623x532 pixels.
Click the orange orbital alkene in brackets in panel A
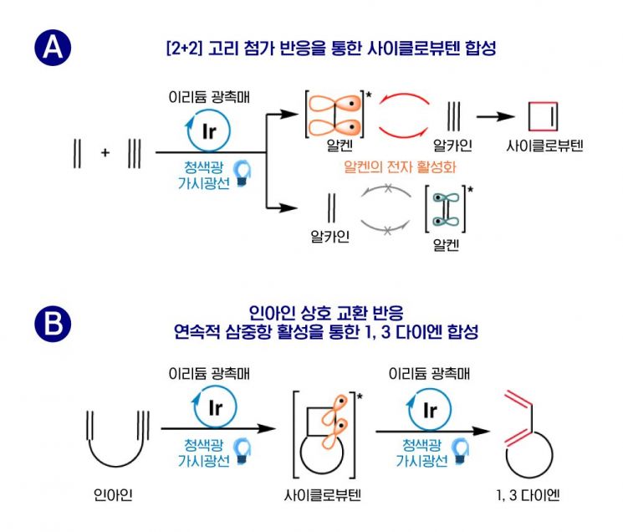coord(338,115)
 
